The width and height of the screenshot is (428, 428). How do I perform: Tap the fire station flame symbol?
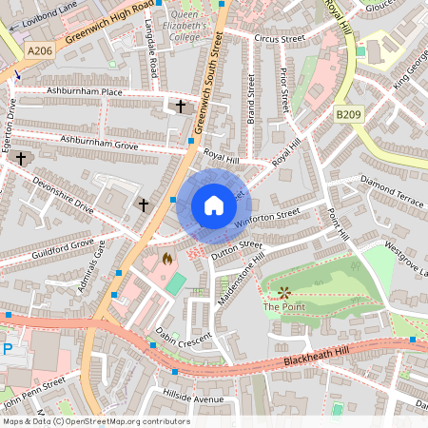tap(167, 258)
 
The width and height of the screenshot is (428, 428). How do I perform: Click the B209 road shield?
tap(348, 114)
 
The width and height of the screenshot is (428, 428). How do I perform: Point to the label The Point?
tap(282, 307)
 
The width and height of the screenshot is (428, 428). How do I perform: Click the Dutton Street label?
tap(237, 250)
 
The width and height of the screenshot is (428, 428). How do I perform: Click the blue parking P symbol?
tap(8, 349)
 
